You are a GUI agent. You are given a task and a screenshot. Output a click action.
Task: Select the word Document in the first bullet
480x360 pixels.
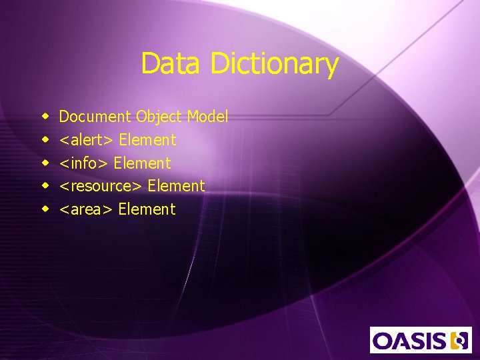95,117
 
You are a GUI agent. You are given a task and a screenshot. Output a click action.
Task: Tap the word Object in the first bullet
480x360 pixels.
159,117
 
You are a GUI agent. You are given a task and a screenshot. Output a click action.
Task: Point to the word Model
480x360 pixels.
207,117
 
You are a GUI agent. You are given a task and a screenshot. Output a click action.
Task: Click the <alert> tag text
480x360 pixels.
87,140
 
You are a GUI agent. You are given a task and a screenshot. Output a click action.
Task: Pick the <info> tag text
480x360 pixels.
85,163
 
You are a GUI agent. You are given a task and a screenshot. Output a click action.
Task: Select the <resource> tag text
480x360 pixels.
101,186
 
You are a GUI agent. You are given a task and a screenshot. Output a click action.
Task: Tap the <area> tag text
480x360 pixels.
87,209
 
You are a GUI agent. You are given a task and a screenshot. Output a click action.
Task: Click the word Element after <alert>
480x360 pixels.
147,140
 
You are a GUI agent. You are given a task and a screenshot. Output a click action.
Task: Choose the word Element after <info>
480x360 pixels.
143,163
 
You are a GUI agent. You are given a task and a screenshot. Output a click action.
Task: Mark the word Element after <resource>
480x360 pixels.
176,186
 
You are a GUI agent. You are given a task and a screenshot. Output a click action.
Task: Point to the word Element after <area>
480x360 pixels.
147,209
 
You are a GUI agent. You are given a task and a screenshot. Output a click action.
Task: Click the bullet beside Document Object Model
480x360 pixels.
45,117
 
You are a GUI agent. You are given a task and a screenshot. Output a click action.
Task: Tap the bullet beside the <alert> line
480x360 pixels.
45,140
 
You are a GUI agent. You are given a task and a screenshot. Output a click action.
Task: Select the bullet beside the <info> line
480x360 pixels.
45,163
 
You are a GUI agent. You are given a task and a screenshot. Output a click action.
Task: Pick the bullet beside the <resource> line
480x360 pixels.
45,186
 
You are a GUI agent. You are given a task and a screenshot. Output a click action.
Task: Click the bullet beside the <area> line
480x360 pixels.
45,209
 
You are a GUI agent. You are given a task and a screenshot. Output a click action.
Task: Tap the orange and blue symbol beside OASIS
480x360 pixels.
459,340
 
